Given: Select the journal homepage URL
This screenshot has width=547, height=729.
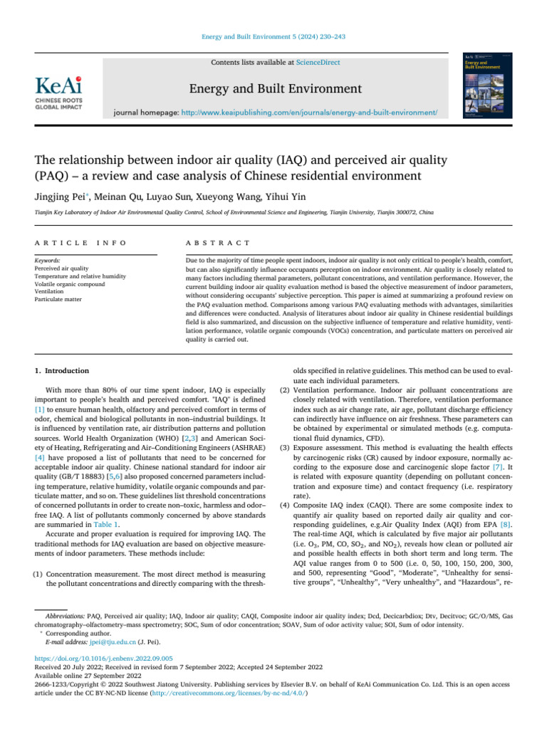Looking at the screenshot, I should (x=309, y=112).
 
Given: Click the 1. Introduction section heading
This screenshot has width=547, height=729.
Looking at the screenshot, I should (x=62, y=371).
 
